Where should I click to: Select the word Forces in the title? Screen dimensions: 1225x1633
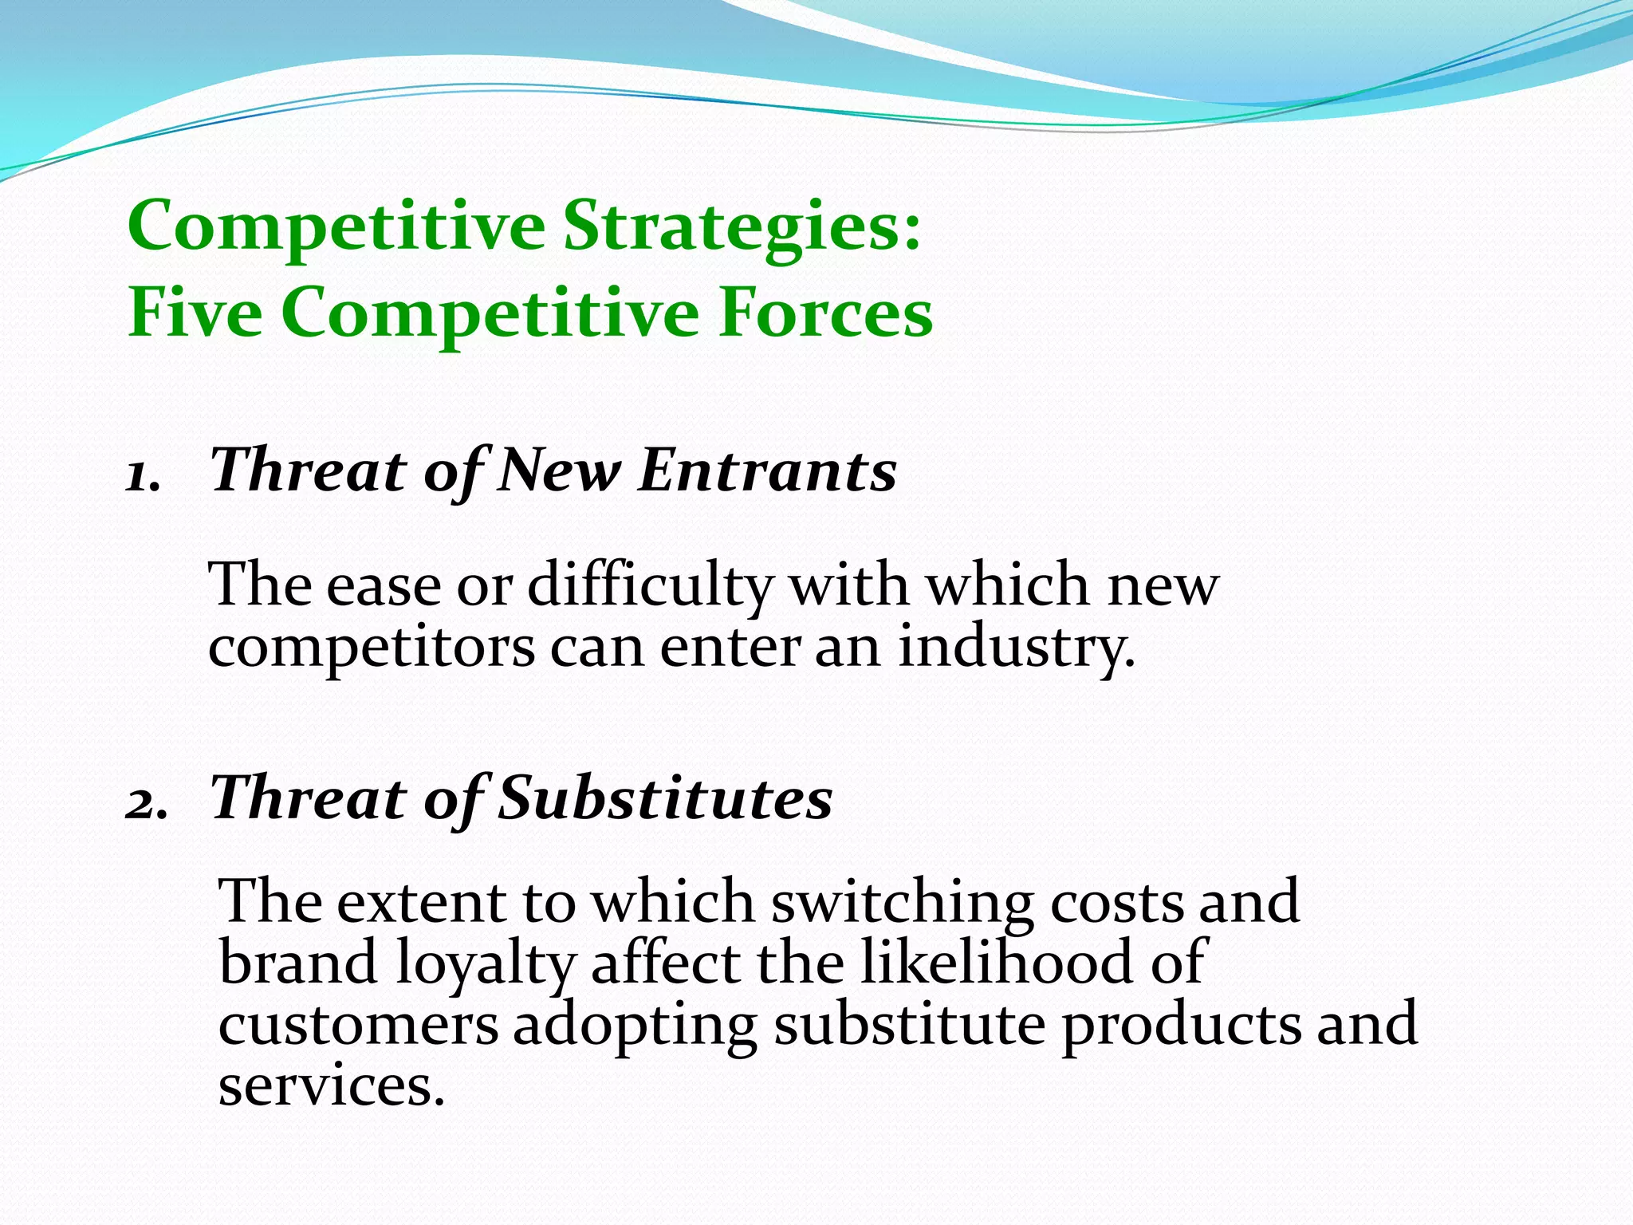[825, 313]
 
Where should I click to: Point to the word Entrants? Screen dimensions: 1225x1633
[767, 471]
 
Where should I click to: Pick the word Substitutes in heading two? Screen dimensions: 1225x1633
[665, 798]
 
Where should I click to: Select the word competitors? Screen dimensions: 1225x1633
[371, 648]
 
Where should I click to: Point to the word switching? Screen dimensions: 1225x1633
[901, 902]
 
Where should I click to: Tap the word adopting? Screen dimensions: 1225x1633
[634, 1027]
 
